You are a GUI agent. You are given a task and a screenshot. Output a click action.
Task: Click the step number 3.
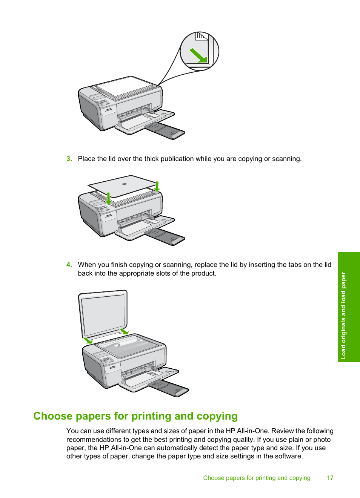pyautogui.click(x=69, y=159)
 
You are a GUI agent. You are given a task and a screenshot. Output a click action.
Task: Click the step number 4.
pyautogui.click(x=69, y=265)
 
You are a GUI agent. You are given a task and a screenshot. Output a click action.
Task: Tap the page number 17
pyautogui.click(x=330, y=478)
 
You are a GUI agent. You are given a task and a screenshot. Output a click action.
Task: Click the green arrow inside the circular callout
pyautogui.click(x=198, y=55)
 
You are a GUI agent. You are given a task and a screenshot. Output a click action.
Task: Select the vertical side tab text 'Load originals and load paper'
pyautogui.click(x=343, y=316)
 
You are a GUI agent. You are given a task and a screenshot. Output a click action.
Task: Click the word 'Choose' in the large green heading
pyautogui.click(x=53, y=416)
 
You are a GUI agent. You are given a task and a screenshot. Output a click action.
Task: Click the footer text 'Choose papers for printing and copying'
pyautogui.click(x=257, y=478)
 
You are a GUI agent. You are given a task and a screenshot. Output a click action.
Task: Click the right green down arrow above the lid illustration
pyautogui.click(x=157, y=186)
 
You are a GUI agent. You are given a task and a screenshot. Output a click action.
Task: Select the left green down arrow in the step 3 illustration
pyautogui.click(x=108, y=199)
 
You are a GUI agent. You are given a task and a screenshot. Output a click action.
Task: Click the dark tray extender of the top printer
pyautogui.click(x=165, y=130)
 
